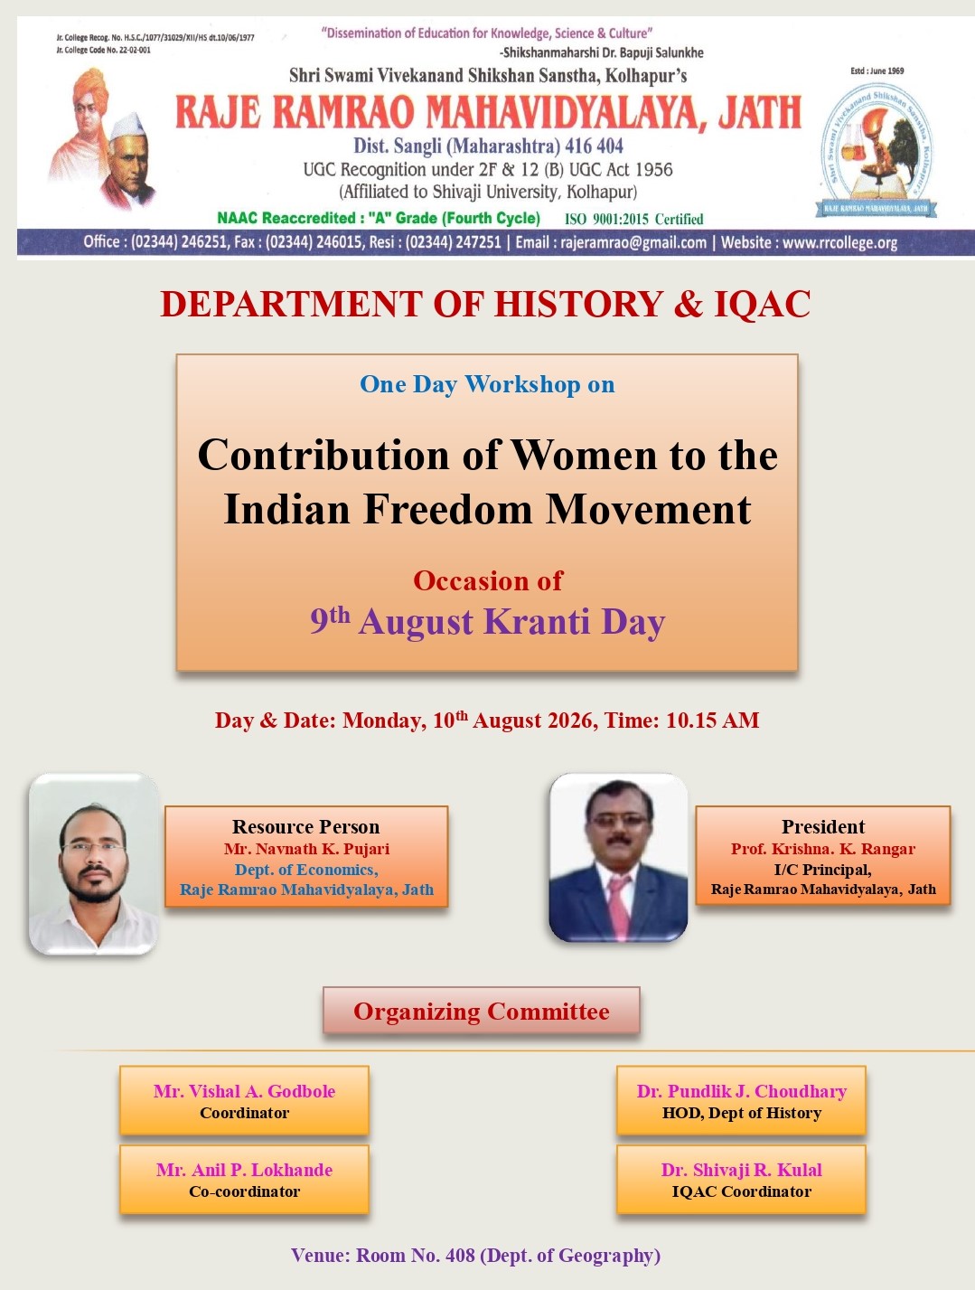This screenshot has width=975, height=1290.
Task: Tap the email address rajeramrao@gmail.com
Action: point(633,242)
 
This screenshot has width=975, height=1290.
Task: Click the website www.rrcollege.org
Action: point(840,242)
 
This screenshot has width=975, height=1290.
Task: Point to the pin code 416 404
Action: point(594,146)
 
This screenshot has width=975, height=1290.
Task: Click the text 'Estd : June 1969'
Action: point(877,71)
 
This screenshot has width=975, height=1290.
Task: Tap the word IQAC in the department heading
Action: point(763,304)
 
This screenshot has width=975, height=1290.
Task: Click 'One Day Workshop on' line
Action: point(487,384)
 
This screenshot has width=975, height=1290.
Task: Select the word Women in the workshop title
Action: point(583,455)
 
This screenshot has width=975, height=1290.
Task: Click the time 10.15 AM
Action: point(712,720)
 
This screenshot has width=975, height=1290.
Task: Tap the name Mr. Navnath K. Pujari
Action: point(306,849)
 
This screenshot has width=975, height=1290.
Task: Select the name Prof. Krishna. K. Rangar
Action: point(823,849)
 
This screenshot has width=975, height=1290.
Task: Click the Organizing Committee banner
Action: point(481,1011)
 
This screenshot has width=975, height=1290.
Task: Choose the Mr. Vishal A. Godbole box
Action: point(244,1100)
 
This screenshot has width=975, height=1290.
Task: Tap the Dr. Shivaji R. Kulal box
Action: point(741,1179)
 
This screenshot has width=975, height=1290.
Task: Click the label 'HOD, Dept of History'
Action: point(741,1113)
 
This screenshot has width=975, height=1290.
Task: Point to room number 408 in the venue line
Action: point(460,1255)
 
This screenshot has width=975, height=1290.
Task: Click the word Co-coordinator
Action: point(244,1191)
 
